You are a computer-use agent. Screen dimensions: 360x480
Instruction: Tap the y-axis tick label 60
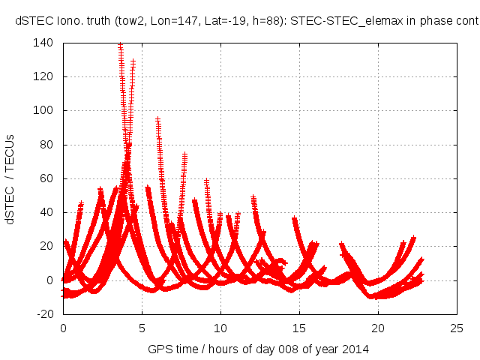46,178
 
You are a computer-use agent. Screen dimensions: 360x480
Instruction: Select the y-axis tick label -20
45,314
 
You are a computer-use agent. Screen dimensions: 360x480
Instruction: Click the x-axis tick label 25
457,328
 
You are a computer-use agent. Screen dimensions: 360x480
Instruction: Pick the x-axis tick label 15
299,328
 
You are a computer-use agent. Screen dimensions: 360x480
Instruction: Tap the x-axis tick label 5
142,328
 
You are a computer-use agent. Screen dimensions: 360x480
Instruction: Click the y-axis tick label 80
46,145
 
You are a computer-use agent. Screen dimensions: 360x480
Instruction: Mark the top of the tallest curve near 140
120,45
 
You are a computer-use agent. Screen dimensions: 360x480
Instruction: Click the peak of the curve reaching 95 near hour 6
157,118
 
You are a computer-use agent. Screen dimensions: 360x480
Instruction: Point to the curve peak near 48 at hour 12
253,198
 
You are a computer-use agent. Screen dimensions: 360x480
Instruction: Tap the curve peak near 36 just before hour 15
295,219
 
